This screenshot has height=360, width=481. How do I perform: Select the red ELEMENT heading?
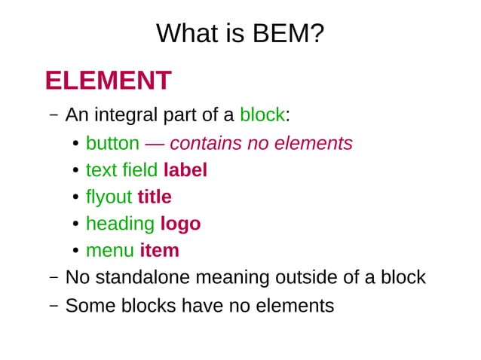[108, 80]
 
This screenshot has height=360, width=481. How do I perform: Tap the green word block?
[262, 115]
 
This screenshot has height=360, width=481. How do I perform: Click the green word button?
[112, 143]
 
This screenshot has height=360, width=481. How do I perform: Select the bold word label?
[185, 170]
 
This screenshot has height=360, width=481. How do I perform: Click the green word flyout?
[109, 197]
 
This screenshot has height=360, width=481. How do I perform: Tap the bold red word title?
[154, 197]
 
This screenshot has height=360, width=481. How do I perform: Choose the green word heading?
[121, 224]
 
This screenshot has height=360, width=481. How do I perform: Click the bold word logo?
[180, 224]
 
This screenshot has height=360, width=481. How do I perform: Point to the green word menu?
[109, 250]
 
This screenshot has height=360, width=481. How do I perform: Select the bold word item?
[159, 250]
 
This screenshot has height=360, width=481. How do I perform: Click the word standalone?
[142, 277]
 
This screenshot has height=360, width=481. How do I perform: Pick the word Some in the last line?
[87, 305]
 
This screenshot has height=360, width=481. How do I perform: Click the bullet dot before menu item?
[76, 251]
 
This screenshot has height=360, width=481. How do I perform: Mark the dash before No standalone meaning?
[54, 278]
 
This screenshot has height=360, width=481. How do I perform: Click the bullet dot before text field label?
[76, 171]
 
